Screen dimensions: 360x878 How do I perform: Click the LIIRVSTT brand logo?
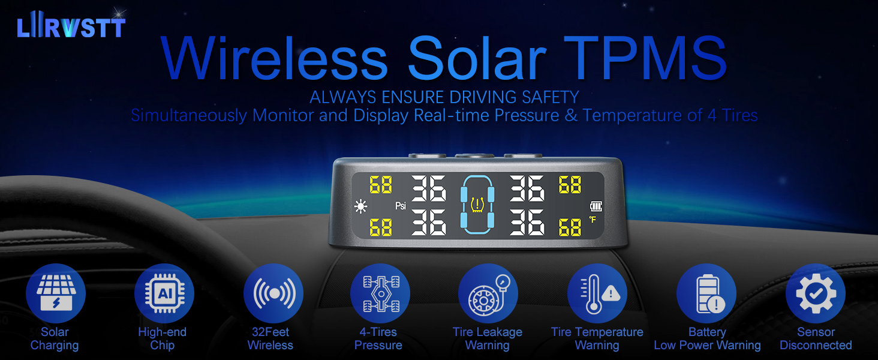[71, 27]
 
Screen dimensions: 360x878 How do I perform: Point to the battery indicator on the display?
[595, 206]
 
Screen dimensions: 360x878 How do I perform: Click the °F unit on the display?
[593, 220]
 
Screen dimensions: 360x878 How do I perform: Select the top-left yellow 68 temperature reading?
[381, 185]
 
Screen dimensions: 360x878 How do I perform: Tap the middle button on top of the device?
[474, 156]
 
